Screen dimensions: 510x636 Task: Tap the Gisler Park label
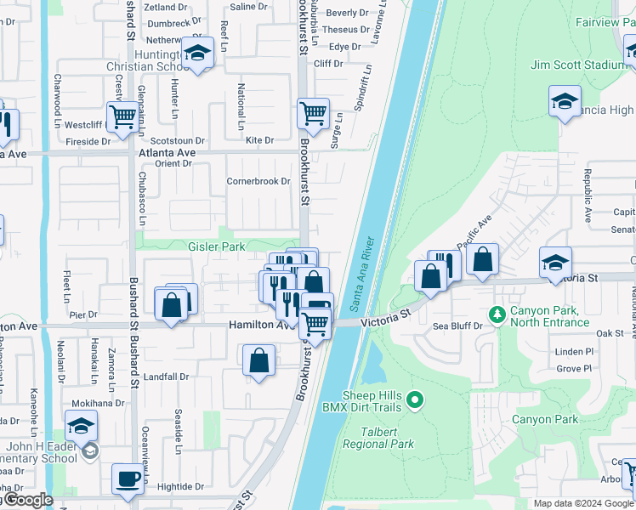coord(216,246)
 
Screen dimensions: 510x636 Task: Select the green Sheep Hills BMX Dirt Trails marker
coord(415,399)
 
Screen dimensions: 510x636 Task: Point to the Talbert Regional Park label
coord(378,438)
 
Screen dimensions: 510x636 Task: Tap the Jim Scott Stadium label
coord(577,65)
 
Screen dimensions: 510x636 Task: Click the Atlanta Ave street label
coord(167,153)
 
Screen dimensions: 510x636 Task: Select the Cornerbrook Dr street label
coord(258,181)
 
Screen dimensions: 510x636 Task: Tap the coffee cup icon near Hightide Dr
coord(128,478)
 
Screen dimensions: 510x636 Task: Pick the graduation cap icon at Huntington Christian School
coord(198,54)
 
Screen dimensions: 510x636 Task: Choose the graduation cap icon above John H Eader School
coord(81,425)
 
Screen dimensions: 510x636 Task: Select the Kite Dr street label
coord(259,140)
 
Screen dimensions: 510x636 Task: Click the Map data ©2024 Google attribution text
coord(583,503)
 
